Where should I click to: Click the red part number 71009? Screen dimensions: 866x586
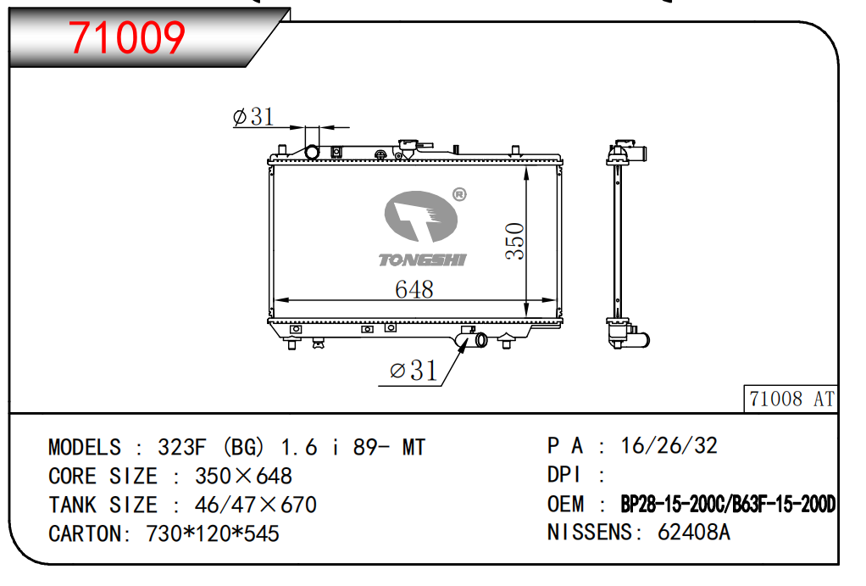click(x=126, y=37)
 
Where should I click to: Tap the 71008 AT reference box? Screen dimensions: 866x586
click(x=791, y=399)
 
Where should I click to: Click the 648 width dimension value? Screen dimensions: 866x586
click(x=414, y=289)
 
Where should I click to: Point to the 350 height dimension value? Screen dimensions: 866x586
click(x=514, y=241)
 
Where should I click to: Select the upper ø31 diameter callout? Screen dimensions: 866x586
click(x=253, y=117)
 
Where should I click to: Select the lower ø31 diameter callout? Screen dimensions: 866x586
click(x=414, y=371)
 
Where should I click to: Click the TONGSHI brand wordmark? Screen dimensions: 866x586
click(x=423, y=260)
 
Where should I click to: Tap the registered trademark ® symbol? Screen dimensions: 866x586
click(x=459, y=194)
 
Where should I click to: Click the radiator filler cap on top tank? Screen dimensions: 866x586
click(x=408, y=147)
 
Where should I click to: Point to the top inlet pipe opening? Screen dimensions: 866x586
click(x=312, y=152)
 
